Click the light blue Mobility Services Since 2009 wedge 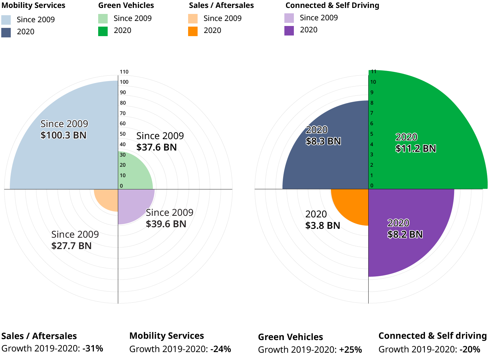63,158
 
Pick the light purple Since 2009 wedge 131,203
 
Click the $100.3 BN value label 63,135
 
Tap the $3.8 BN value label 323,226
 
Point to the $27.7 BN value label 71,246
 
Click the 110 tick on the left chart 124,72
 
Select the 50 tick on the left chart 123,134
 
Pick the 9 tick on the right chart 372,93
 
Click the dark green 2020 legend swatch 103,31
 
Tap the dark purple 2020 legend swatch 289,31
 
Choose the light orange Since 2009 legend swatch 193,19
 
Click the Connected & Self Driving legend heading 332,5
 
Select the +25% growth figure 351,350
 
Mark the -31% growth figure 93,349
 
